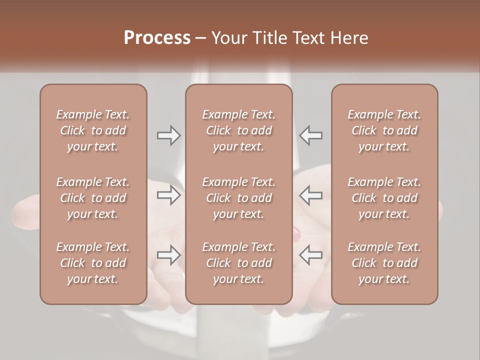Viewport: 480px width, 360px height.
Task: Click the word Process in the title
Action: coord(157,38)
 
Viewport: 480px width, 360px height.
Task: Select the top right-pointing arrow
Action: coord(168,135)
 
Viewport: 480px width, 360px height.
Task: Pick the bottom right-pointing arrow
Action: coord(168,255)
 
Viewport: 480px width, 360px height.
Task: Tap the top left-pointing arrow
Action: coord(311,135)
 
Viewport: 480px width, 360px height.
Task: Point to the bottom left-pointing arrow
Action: coord(311,255)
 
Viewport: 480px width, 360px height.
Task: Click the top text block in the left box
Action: coord(93,130)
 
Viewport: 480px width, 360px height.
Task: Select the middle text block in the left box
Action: coord(93,198)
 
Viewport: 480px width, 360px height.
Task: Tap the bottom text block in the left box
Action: coord(93,263)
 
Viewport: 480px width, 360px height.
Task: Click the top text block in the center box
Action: coord(238,130)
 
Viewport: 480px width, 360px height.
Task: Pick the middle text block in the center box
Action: coord(238,198)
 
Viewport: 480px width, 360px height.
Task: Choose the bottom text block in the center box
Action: coord(238,263)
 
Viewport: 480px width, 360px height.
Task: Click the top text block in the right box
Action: coord(384,130)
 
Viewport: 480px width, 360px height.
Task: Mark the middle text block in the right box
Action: coord(384,198)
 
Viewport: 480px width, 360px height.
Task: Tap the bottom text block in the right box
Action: coord(384,263)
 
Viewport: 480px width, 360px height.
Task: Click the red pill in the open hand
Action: coord(296,232)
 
